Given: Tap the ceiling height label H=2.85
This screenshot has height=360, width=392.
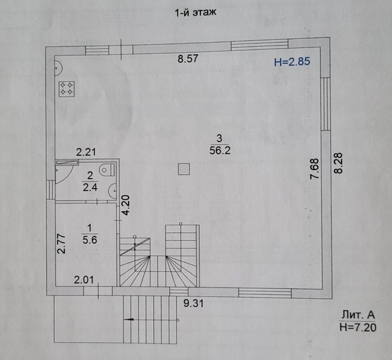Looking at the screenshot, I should tap(292, 62).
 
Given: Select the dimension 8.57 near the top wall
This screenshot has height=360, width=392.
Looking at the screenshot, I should tap(188, 59).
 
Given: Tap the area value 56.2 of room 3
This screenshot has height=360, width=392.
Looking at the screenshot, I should tap(219, 150).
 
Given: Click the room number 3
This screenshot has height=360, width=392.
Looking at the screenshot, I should tap(219, 138).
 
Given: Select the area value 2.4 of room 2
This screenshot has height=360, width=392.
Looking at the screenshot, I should tap(89, 188).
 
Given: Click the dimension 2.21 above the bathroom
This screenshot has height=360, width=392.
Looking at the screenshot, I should tap(86, 152).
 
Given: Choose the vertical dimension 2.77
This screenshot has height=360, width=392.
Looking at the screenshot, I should tap(61, 245).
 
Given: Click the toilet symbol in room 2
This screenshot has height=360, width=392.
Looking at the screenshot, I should tap(108, 171).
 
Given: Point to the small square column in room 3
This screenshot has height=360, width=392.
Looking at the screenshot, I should tap(183, 169).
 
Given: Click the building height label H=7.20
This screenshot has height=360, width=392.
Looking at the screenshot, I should tap(356, 326).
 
